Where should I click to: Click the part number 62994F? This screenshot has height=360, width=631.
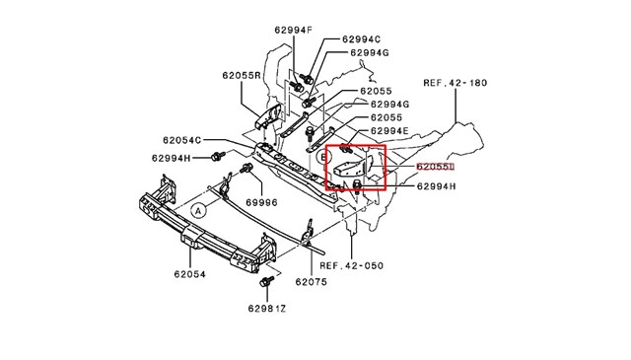(295, 31)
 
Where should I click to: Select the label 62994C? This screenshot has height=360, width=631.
(363, 39)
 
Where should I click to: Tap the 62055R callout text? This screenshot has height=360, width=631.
(241, 75)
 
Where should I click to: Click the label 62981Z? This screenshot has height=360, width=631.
(265, 309)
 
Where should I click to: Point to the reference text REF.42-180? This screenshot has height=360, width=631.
(454, 84)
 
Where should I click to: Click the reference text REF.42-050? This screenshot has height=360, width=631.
(350, 264)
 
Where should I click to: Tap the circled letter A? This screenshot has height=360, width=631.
(198, 210)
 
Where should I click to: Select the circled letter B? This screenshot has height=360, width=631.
(322, 156)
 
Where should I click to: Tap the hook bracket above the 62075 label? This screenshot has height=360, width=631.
(307, 233)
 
